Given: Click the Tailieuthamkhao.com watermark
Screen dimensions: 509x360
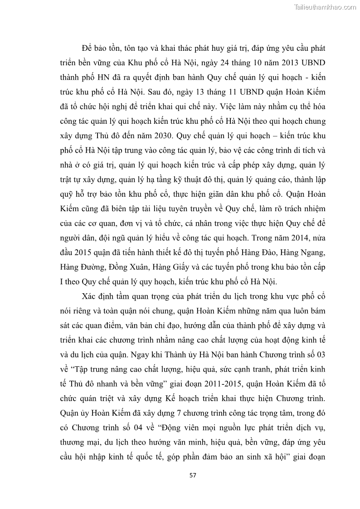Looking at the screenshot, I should click(325, 7).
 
